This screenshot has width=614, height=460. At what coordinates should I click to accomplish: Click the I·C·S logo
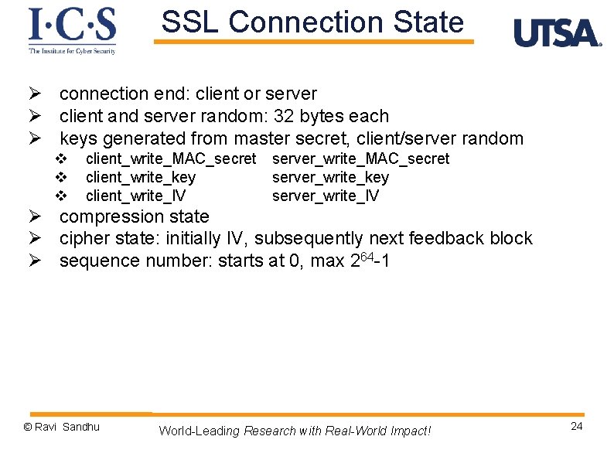[72, 29]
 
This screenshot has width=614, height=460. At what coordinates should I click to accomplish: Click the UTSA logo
[557, 32]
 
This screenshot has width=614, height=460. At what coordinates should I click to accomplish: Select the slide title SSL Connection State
[312, 22]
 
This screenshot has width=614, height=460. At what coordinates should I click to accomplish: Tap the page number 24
[576, 427]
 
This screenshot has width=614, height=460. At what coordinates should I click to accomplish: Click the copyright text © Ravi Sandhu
[62, 427]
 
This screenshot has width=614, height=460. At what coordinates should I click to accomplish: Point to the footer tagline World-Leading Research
[295, 431]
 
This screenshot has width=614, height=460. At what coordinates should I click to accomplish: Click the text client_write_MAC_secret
[170, 158]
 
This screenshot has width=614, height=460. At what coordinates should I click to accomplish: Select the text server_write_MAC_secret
[360, 158]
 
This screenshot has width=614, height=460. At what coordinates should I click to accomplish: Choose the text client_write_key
[141, 177]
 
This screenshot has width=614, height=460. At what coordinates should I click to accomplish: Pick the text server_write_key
[330, 177]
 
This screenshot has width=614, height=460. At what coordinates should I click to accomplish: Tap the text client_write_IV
[135, 196]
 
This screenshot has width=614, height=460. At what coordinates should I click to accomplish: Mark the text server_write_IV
[326, 196]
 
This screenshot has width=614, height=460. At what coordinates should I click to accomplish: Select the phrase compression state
[134, 216]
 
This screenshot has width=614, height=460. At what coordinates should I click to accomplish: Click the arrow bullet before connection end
[34, 94]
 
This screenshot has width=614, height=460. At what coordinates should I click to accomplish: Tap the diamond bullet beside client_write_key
[63, 177]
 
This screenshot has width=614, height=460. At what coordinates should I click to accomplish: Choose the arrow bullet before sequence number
[34, 261]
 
